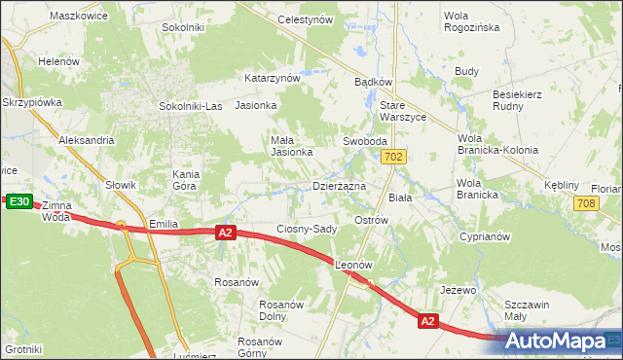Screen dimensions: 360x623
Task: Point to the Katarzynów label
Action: click(272, 78)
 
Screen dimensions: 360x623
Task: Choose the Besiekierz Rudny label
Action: click(522, 101)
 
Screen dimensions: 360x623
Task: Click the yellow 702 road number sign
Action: click(393, 157)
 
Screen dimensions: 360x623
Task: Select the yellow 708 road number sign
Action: click(585, 203)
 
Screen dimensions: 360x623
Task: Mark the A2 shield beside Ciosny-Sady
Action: click(226, 233)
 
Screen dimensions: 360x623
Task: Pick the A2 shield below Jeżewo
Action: click(427, 320)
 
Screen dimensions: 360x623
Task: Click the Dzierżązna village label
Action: click(339, 185)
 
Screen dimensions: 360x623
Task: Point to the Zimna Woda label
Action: click(56, 212)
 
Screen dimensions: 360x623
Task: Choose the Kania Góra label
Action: click(185, 179)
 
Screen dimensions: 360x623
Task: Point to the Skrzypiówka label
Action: click(32, 101)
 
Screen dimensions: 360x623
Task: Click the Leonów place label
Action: click(354, 265)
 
